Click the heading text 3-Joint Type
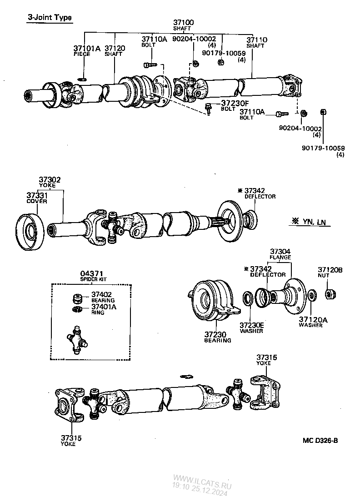click(50, 18)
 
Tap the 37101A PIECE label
click(86, 49)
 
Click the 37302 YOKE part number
click(50, 180)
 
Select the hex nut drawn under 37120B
click(330, 294)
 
